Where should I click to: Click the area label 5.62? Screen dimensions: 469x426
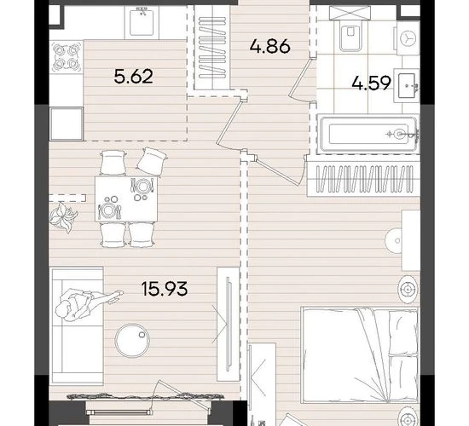[133, 77]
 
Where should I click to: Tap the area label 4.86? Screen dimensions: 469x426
[269, 46]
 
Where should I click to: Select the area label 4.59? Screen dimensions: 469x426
[371, 83]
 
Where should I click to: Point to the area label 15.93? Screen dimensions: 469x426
[165, 289]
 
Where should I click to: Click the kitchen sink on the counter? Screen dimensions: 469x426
[142, 22]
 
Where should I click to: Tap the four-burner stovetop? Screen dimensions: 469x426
[67, 56]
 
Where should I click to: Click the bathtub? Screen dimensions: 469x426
[368, 134]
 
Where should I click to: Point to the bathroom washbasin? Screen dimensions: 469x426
[407, 86]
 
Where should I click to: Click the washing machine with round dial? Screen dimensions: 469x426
[408, 38]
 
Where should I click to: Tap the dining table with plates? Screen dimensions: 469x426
[126, 199]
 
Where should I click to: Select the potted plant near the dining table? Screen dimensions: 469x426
[63, 216]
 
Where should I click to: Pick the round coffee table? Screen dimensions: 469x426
[132, 340]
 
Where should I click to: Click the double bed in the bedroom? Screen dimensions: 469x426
[360, 354]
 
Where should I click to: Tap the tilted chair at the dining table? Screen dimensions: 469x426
[152, 161]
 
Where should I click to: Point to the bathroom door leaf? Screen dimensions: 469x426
[298, 76]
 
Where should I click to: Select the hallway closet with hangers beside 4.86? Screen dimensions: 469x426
[212, 47]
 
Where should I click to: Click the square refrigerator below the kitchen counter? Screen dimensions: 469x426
[67, 124]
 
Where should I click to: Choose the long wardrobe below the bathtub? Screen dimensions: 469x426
[363, 178]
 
